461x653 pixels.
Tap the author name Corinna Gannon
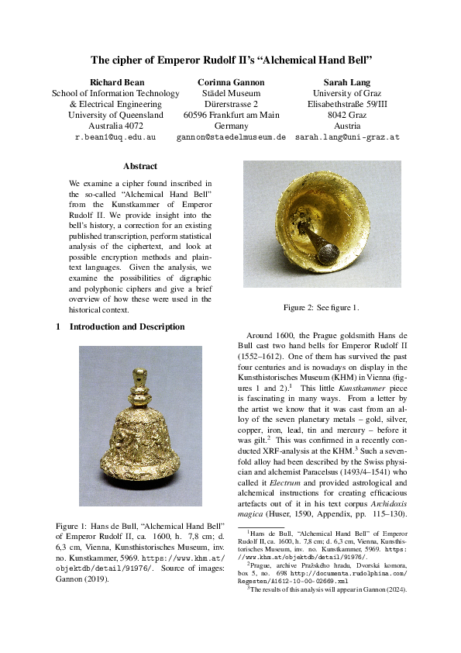coord(231,82)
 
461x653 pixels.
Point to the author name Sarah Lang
coord(346,82)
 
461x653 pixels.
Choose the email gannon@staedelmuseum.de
coord(231,136)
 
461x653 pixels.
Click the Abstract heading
coord(139,166)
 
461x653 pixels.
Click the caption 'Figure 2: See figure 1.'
coord(321,308)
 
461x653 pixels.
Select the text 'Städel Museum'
coord(231,93)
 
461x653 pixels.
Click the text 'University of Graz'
coord(347,93)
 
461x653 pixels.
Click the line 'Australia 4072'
coord(115,126)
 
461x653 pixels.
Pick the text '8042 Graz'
coord(347,115)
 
